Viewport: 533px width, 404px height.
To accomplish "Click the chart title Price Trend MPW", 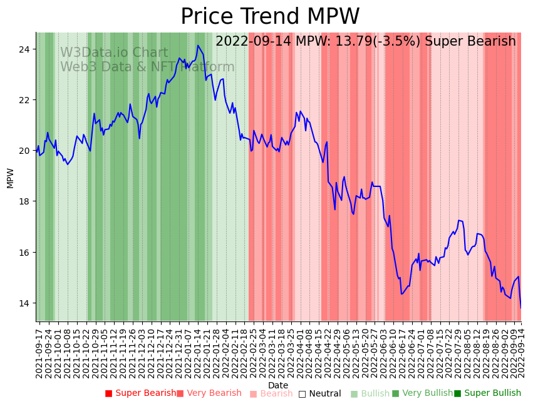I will click(270, 17).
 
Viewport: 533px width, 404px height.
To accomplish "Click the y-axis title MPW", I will click(10, 178).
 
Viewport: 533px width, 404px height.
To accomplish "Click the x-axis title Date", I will click(278, 385).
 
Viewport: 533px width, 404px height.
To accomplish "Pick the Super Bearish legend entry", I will click(140, 393).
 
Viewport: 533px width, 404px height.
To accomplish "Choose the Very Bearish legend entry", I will click(209, 393).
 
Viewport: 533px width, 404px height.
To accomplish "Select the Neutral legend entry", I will click(319, 394).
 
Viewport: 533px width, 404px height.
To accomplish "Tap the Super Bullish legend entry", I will click(487, 393).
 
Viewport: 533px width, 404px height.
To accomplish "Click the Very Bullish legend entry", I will click(422, 393).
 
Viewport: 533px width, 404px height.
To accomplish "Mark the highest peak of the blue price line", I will click(198, 45).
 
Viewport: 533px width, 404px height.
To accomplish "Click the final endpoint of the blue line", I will click(520, 308).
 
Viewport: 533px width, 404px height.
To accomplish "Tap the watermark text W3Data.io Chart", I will click(114, 53).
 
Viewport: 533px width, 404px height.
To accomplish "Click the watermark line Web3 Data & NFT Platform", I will click(147, 67).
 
